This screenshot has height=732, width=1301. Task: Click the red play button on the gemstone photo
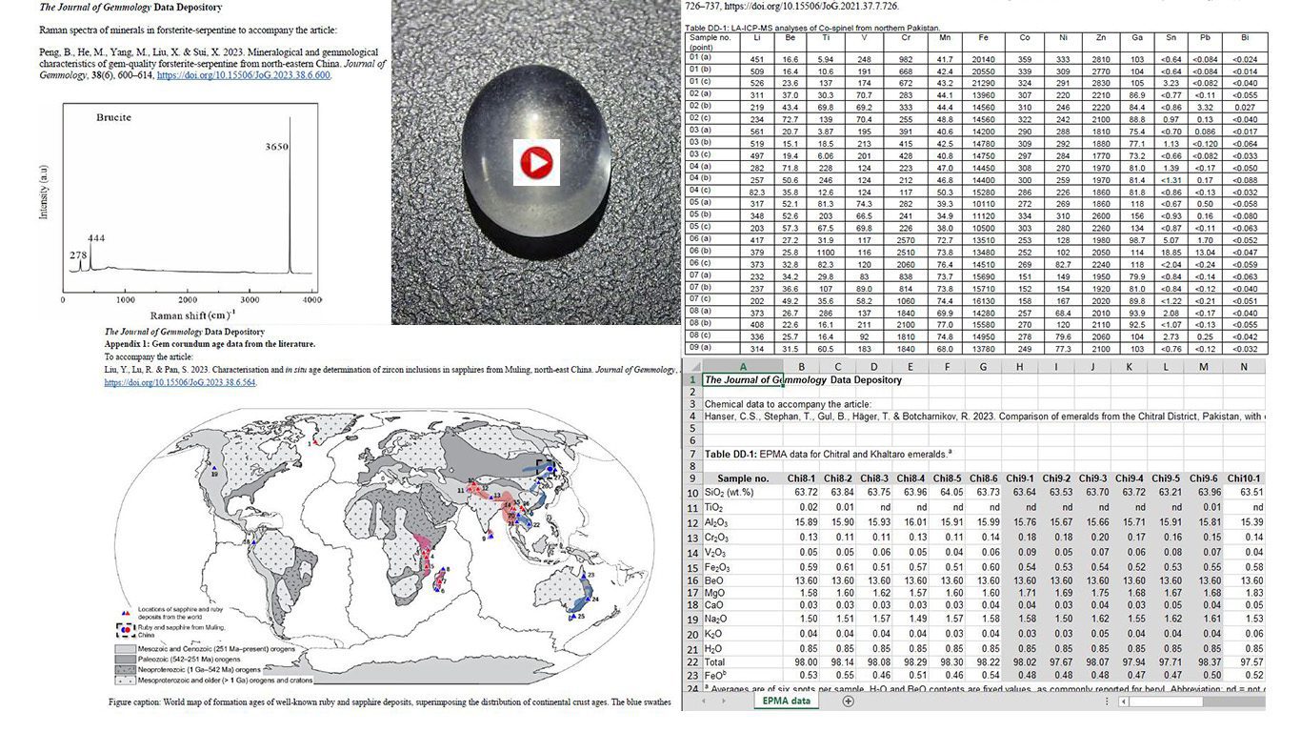(x=536, y=163)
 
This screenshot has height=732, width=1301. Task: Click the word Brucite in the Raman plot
(x=113, y=117)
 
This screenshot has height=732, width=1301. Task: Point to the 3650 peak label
(x=276, y=148)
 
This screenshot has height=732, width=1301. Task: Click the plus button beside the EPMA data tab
(x=848, y=701)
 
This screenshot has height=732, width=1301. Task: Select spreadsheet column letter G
(x=983, y=365)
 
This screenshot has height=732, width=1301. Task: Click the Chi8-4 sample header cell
(x=911, y=478)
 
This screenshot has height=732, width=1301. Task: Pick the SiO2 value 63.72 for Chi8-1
(x=802, y=493)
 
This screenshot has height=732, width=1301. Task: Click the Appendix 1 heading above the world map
(x=210, y=344)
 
